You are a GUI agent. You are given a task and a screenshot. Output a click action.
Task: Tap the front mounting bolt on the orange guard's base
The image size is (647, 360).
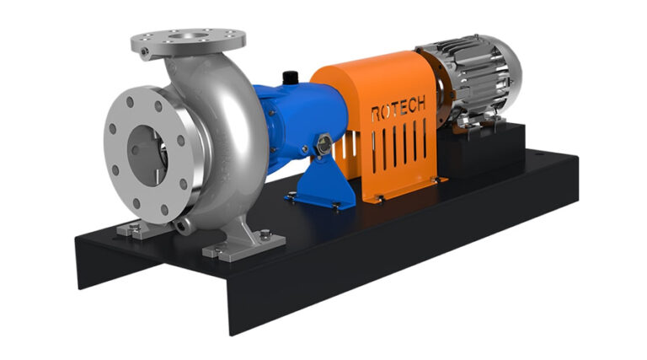point(378,198)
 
